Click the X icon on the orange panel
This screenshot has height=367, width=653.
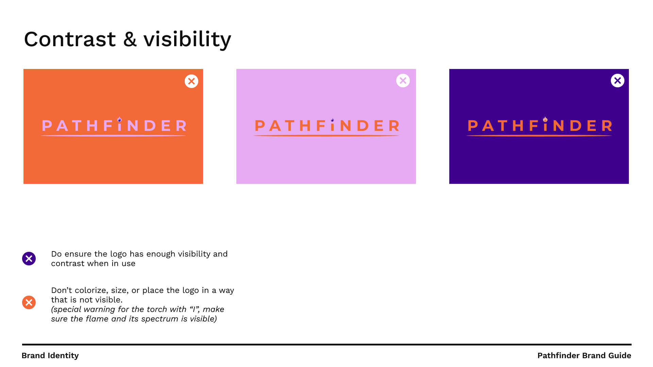pyautogui.click(x=191, y=81)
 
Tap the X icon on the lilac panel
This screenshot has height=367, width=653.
pyautogui.click(x=403, y=81)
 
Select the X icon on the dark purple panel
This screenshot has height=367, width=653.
pyautogui.click(x=618, y=81)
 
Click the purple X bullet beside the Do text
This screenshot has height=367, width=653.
pyautogui.click(x=29, y=259)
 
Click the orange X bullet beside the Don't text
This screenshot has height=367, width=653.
pyautogui.click(x=29, y=302)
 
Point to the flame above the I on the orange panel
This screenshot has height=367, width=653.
pyautogui.click(x=119, y=119)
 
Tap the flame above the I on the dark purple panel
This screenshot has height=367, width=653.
pyautogui.click(x=545, y=119)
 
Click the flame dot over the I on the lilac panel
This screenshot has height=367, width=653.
pyautogui.click(x=332, y=120)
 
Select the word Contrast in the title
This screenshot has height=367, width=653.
pyautogui.click(x=70, y=39)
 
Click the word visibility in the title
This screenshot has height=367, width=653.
pyautogui.click(x=187, y=39)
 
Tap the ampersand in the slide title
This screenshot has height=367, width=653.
pyautogui.click(x=130, y=39)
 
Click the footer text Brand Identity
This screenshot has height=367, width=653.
pyautogui.click(x=50, y=356)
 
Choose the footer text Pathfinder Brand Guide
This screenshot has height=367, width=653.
pyautogui.click(x=584, y=355)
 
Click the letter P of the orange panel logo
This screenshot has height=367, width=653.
pyautogui.click(x=47, y=126)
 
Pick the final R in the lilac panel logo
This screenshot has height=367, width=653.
pyautogui.click(x=395, y=126)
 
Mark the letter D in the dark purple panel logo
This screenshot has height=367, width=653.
pyautogui.click(x=576, y=126)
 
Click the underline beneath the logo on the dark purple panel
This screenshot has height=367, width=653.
pyautogui.click(x=539, y=136)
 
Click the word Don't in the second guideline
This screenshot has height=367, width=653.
pyautogui.click(x=62, y=290)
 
